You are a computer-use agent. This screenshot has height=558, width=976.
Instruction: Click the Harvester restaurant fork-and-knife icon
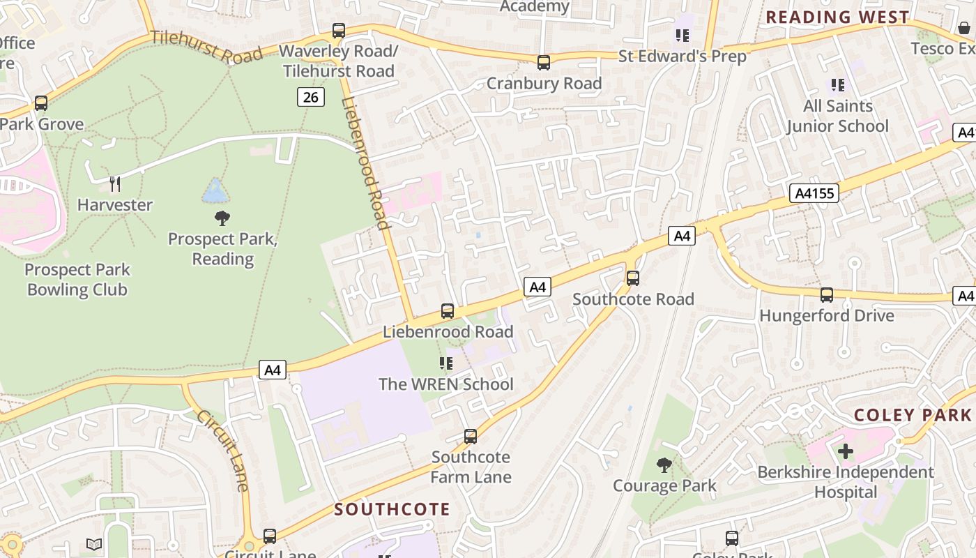115,184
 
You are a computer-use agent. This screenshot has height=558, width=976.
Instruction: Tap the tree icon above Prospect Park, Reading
222,218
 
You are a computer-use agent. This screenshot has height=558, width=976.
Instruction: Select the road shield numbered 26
310,97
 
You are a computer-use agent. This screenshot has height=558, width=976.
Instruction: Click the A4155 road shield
814,193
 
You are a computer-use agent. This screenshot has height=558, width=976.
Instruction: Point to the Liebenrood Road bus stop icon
448,311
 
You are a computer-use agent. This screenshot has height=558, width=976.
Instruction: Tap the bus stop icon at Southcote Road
633,278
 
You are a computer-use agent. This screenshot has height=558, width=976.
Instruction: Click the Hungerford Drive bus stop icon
827,294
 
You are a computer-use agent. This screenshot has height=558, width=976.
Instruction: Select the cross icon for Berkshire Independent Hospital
846,451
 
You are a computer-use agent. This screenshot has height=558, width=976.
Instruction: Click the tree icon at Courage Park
664,465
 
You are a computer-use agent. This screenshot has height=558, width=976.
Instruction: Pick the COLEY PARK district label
912,415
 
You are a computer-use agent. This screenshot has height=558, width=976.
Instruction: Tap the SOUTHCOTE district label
392,509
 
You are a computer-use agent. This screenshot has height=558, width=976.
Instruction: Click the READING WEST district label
837,17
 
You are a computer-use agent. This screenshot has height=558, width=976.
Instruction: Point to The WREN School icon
446,363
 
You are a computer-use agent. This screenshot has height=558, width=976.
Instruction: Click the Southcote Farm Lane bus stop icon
471,437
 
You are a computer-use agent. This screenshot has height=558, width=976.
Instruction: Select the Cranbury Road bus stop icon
544,63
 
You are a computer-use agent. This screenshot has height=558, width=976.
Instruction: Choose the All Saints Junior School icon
838,85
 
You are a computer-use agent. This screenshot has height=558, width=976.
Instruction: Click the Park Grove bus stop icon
41,103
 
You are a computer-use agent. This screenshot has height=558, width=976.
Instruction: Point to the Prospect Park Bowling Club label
77,280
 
